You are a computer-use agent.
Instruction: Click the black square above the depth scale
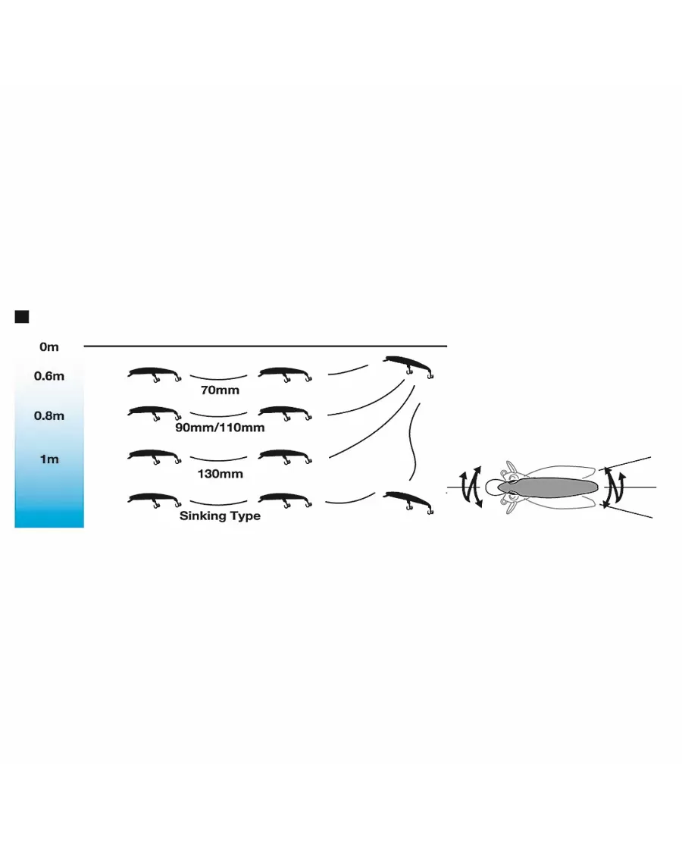[22, 316]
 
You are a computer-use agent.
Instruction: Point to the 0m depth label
[48, 347]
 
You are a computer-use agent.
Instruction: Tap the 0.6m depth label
[48, 376]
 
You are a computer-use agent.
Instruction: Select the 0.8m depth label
[48, 415]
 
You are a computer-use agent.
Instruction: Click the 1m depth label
[48, 459]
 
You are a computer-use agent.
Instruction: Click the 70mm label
[220, 391]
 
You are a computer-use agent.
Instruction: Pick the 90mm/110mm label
[220, 428]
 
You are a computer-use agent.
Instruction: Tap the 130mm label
[220, 474]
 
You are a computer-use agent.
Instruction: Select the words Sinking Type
[220, 516]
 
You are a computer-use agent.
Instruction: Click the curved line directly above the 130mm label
[219, 459]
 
